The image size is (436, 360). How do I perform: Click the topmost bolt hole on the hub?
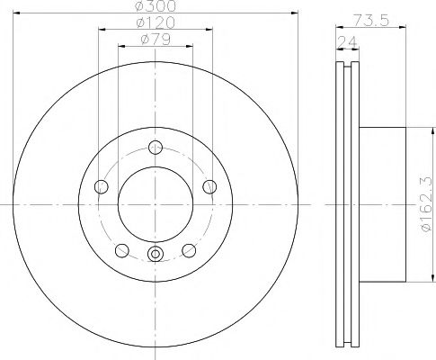coord(155,147)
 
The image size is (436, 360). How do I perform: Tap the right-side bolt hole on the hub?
coord(209,186)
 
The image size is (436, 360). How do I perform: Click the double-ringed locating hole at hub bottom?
coord(155,255)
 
